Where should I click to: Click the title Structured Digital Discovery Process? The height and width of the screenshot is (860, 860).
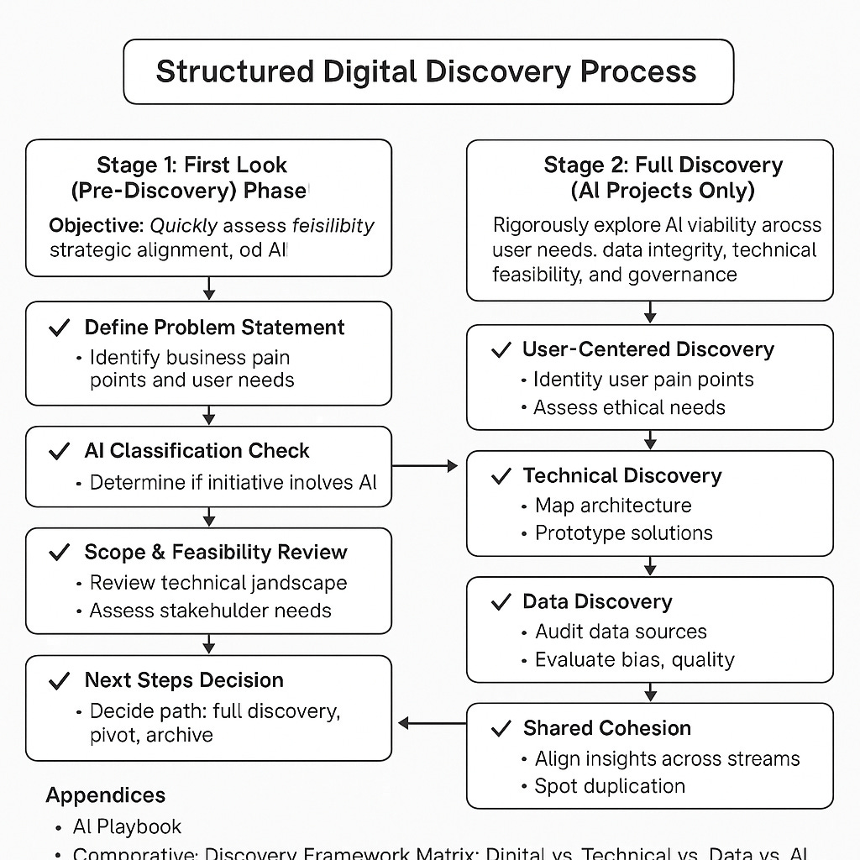[426, 71]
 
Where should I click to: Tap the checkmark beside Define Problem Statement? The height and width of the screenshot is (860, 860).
[59, 328]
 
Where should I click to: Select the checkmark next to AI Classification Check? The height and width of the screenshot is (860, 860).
[59, 452]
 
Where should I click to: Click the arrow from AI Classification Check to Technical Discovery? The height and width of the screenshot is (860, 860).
[425, 465]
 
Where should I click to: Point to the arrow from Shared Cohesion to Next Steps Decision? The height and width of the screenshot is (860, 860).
[432, 722]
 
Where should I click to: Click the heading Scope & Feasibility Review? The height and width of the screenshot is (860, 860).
[216, 553]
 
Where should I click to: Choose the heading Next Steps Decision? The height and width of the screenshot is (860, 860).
[184, 680]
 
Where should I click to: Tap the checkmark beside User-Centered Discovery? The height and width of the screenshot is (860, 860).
[501, 350]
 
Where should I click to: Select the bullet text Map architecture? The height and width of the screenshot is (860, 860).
[613, 506]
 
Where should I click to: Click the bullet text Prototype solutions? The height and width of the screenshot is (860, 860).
[623, 533]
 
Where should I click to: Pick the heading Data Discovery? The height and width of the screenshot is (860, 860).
[597, 602]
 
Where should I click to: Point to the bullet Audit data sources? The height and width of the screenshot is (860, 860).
[621, 632]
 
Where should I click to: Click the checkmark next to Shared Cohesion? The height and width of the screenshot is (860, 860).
[501, 728]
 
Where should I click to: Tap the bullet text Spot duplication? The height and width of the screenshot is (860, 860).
[610, 786]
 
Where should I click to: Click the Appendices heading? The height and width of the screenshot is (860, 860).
[106, 795]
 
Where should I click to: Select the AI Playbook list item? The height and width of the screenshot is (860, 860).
[127, 826]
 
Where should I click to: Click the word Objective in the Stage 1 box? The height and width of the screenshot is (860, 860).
[96, 226]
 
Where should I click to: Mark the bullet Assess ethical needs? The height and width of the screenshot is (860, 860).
[629, 408]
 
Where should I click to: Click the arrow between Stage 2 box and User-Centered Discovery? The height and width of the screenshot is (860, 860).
[650, 312]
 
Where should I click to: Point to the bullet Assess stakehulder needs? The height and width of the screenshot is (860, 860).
[210, 611]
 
